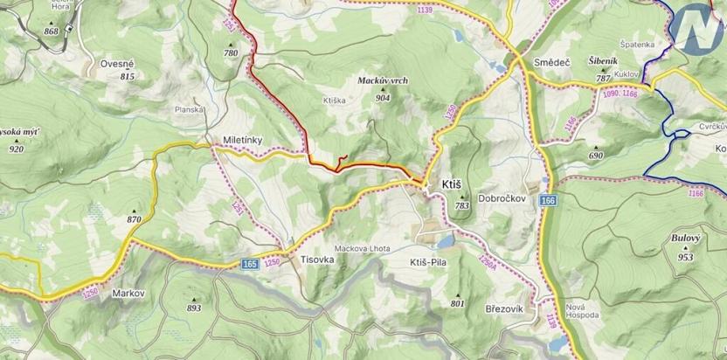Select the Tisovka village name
point(318,260)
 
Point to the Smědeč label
point(550,64)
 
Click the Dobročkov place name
point(500,198)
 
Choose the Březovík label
point(502,309)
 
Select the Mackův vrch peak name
point(383,80)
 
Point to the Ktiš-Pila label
point(429,261)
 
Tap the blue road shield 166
point(547,202)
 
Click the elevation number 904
point(382,98)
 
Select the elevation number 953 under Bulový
point(686,257)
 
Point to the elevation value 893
point(194,308)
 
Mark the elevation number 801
point(457,303)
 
